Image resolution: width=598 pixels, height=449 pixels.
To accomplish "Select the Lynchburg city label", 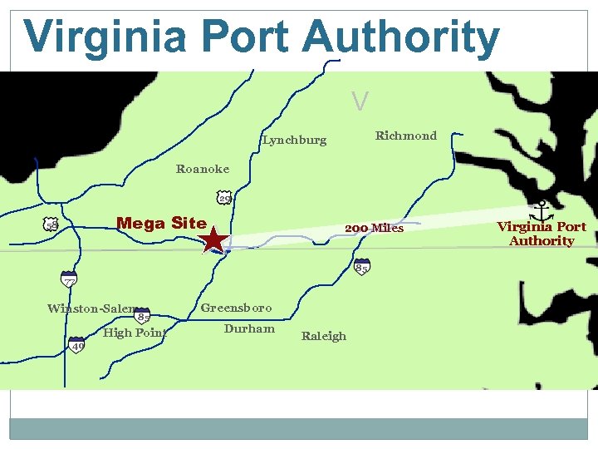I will (x=295, y=140).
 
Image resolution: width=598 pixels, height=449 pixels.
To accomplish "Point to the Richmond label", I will (x=405, y=136).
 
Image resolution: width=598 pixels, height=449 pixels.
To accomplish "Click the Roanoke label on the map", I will (x=203, y=169).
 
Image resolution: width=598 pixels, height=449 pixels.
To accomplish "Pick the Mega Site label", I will (x=161, y=223).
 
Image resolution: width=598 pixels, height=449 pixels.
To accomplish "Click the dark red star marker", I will (x=213, y=240).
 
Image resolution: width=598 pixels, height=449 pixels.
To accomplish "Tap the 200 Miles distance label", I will (x=374, y=228).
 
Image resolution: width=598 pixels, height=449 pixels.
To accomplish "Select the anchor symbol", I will (x=542, y=210).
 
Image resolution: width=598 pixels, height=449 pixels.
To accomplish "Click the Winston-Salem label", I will (x=92, y=308).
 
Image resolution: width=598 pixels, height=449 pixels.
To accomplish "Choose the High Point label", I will (x=135, y=333).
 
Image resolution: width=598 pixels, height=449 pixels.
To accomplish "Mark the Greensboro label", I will (x=236, y=308).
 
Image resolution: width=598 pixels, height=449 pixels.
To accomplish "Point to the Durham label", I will (x=249, y=328).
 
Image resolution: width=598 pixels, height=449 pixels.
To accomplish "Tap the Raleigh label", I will (x=324, y=336).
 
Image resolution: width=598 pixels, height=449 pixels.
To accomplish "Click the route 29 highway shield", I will (x=224, y=199).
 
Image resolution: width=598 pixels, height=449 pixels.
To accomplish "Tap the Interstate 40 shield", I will (x=76, y=345).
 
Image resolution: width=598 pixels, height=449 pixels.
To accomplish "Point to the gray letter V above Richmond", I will (x=360, y=101).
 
